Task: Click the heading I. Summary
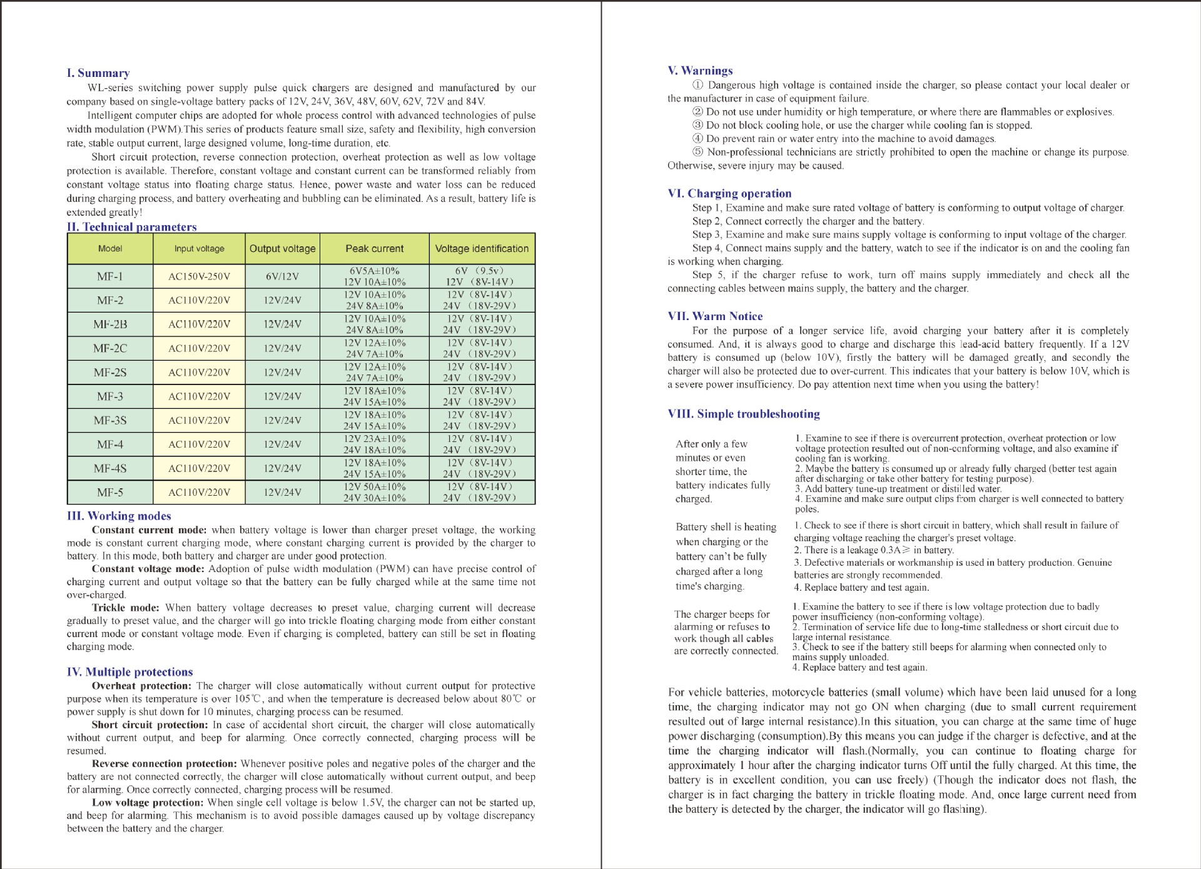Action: point(98,73)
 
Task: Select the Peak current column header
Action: point(374,249)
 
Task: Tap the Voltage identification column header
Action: point(482,249)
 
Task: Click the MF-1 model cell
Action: point(110,276)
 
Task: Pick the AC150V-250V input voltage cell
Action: point(199,276)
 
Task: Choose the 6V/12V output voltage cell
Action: point(282,276)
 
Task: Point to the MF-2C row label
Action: point(110,348)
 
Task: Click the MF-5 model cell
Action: point(110,493)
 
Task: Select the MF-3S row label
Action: point(110,421)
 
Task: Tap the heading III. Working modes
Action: point(119,516)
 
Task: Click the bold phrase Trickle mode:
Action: point(126,608)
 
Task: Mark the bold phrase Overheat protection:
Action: point(141,686)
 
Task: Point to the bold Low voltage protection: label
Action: point(148,803)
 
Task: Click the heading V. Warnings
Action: point(700,71)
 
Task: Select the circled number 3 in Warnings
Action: point(697,126)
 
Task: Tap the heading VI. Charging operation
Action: point(729,194)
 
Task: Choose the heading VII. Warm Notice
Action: point(715,316)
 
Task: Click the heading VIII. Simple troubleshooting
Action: point(744,414)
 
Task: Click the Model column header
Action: point(110,249)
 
